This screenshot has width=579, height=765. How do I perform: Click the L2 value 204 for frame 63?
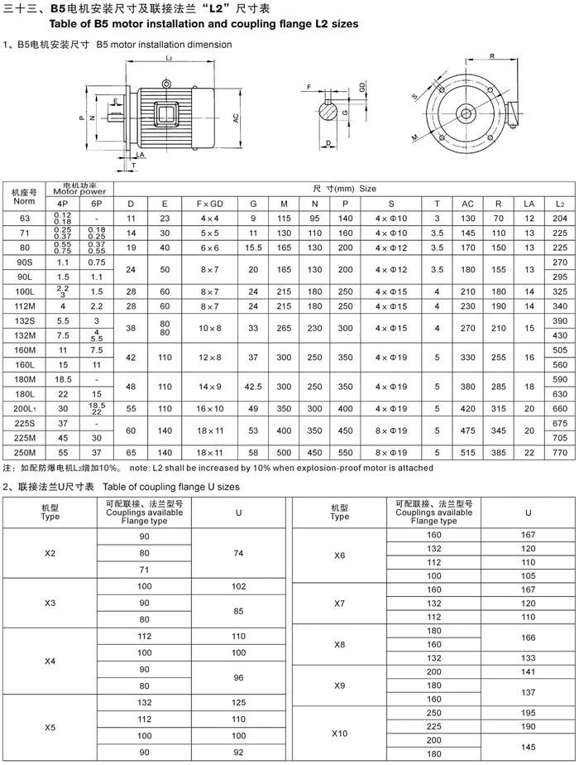559,218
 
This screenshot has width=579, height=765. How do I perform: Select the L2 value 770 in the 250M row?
559,454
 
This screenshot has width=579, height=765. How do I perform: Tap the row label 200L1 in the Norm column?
24,408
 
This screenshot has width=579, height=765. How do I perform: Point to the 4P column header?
62,203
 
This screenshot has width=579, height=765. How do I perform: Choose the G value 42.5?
253,386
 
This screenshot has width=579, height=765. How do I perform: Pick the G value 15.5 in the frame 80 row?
253,247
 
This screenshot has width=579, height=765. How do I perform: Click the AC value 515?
467,454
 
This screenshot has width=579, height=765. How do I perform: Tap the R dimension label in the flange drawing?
491,56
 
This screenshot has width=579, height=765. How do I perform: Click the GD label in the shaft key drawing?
362,86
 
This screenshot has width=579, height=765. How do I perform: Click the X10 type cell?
339,733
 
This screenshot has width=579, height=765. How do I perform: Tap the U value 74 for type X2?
238,553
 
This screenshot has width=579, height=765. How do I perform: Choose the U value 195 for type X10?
528,713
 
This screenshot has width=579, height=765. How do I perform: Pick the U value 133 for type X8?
528,657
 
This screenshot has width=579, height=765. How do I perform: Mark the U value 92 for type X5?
238,752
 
